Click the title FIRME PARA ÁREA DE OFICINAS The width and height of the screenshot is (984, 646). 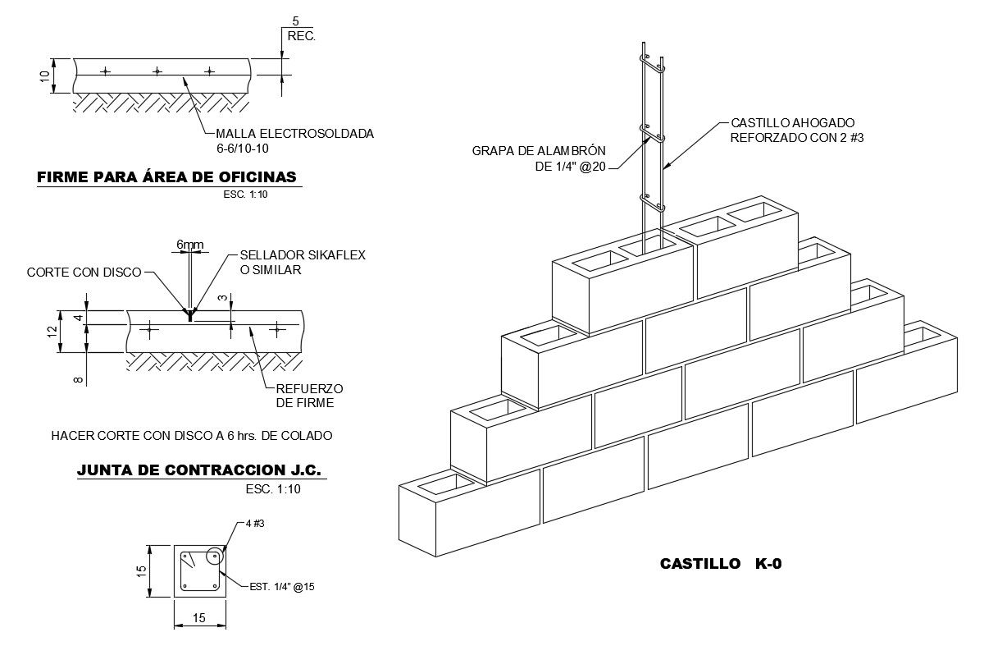[x=167, y=176]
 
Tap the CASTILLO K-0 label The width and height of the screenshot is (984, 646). [x=715, y=564]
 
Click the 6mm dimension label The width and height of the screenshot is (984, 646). [x=189, y=244]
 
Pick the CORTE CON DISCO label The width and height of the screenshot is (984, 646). [x=84, y=272]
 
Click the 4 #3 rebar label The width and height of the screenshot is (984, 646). [x=255, y=524]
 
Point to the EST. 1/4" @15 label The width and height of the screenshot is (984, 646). [x=282, y=587]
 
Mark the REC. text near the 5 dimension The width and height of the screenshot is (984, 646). [x=301, y=36]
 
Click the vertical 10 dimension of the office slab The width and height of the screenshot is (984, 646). [x=45, y=76]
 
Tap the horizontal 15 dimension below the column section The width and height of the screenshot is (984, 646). [x=199, y=618]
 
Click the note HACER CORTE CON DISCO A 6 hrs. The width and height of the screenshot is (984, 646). [x=192, y=435]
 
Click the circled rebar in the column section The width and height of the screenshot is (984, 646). [x=214, y=556]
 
